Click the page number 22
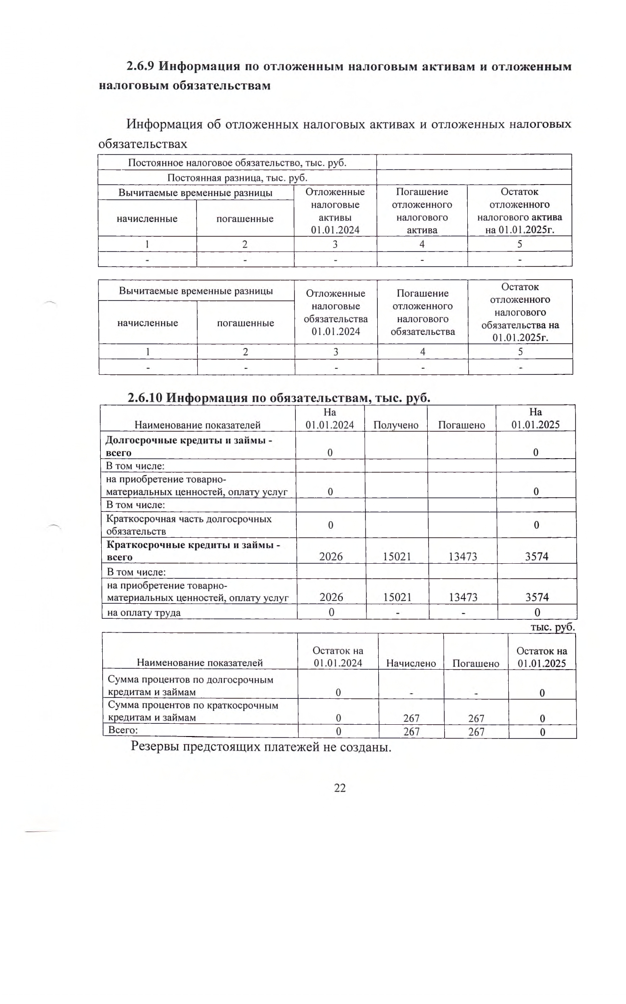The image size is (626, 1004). point(340,788)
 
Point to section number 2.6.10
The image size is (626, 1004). point(145,398)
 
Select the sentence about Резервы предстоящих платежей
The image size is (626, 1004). point(261,747)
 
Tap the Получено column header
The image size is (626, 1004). point(396,425)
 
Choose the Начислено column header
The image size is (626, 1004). point(411,663)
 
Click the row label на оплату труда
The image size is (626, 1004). point(144,613)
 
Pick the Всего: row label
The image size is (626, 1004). point(123,730)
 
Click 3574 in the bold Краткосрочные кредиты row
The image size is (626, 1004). point(537,557)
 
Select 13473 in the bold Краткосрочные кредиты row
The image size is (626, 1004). point(463,557)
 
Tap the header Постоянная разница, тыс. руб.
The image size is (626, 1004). point(237,178)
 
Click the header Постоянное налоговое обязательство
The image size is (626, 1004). point(237,163)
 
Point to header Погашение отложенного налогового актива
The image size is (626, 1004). point(422,211)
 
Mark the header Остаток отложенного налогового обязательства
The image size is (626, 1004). point(520,312)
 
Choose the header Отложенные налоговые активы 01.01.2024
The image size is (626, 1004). point(335,211)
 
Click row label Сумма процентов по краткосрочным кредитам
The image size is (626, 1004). point(193,711)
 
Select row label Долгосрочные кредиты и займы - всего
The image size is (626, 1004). point(189,446)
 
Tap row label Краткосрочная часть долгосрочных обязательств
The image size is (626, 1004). point(189,525)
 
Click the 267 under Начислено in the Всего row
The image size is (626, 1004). point(411,732)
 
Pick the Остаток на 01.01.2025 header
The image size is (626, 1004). point(542,657)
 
